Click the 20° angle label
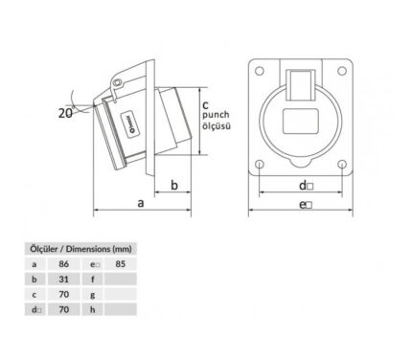coord(66,113)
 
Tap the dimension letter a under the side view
coord(141,203)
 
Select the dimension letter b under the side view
coord(174,185)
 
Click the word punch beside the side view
coord(216,115)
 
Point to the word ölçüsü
coord(217,125)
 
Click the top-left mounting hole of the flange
coord(260,71)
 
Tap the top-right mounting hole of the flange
coord(342,71)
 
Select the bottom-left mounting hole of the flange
coord(260,165)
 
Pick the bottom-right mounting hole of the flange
coord(342,165)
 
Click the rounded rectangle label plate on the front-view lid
coord(301,122)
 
